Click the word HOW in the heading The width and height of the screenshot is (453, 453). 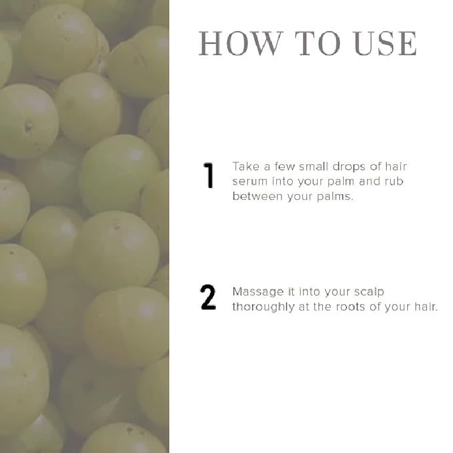pyautogui.click(x=240, y=44)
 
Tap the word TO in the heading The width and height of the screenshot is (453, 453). pyautogui.click(x=318, y=44)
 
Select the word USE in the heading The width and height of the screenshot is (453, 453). pyautogui.click(x=385, y=44)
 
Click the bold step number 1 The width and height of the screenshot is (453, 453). pyautogui.click(x=208, y=176)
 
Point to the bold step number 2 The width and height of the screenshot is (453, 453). pyautogui.click(x=208, y=298)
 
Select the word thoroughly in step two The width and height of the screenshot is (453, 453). pyautogui.click(x=263, y=307)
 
